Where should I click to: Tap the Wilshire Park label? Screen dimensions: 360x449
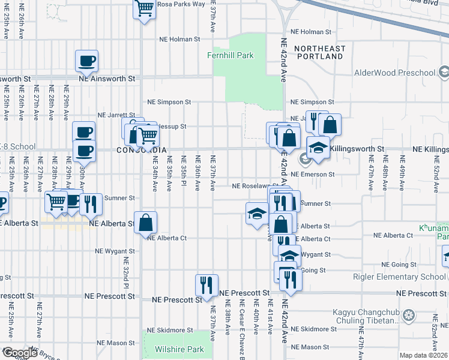(x=179, y=349)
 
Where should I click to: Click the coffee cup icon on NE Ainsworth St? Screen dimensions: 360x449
(x=87, y=61)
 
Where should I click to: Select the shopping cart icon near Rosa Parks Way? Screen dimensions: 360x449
(x=145, y=9)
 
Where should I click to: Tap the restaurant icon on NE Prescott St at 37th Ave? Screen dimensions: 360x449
(x=206, y=284)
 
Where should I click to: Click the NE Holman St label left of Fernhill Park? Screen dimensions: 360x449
(x=179, y=40)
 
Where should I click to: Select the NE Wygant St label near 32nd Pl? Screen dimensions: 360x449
(x=116, y=251)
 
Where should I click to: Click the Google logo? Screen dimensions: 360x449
(x=19, y=353)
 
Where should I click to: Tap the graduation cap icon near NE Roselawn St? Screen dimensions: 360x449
(x=257, y=212)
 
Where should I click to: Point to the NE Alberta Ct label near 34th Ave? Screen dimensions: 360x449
(x=167, y=238)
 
